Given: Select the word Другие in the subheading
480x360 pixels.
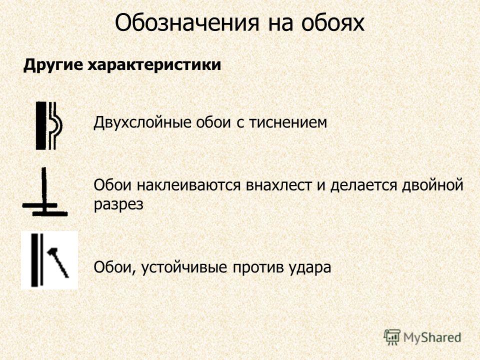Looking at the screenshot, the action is point(53,65).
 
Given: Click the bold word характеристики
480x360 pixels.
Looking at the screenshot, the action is point(154,65).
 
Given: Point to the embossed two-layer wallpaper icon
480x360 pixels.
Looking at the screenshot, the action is point(48,126).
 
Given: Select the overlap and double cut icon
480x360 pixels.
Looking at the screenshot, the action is point(44,192).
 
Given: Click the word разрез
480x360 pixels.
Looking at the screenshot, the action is point(118,204).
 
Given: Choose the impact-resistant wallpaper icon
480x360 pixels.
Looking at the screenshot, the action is point(49,260).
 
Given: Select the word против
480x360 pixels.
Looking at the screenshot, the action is point(258,267).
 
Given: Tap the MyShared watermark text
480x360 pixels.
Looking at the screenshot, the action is point(432,337).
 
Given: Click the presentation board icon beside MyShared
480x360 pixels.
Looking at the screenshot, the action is point(392,337).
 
